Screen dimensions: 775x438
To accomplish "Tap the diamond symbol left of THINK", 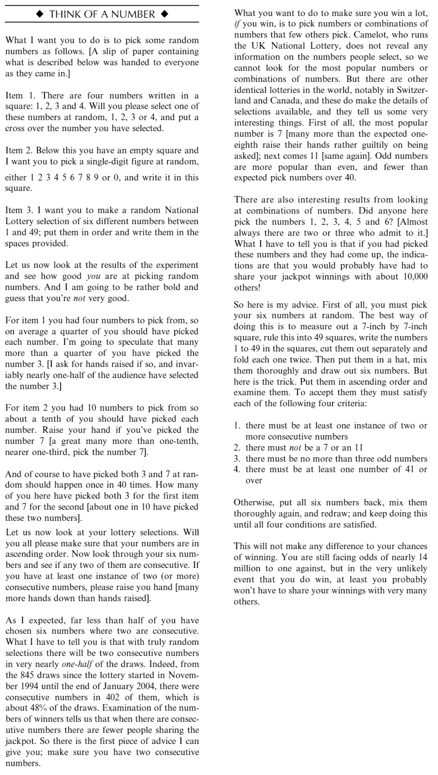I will [39, 14].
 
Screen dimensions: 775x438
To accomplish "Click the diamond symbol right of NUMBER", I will [164, 14].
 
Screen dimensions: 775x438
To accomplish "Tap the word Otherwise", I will [254, 503].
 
